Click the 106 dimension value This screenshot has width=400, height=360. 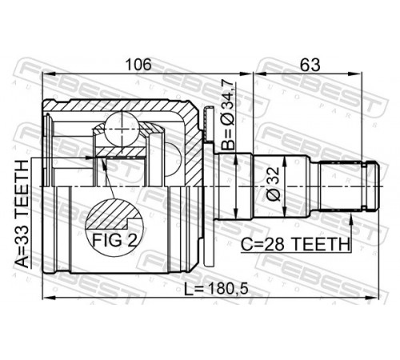(x=138, y=64)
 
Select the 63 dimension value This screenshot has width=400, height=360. (x=310, y=64)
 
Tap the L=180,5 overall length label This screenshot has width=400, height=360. (x=217, y=289)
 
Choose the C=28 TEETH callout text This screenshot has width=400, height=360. (x=295, y=244)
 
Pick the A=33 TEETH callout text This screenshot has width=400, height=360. (x=22, y=214)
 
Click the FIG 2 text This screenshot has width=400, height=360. (x=114, y=240)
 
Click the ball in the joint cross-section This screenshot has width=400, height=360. (x=122, y=130)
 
